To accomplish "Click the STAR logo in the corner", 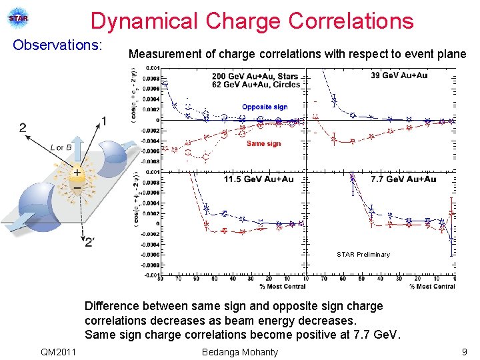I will (x=18, y=19).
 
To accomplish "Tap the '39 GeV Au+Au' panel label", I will (x=399, y=75).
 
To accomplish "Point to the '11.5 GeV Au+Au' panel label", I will (x=259, y=179).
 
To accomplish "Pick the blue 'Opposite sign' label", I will (x=265, y=107).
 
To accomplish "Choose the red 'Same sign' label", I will (x=263, y=143).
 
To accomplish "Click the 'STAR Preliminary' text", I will (x=363, y=254).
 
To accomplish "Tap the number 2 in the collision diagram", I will (x=23, y=127).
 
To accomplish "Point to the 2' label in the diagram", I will (x=89, y=242).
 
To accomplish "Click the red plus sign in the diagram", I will (x=78, y=173).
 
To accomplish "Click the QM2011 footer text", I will (x=58, y=351).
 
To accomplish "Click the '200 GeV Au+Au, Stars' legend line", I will (x=255, y=76).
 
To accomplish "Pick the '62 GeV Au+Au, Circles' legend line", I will (x=255, y=85).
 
